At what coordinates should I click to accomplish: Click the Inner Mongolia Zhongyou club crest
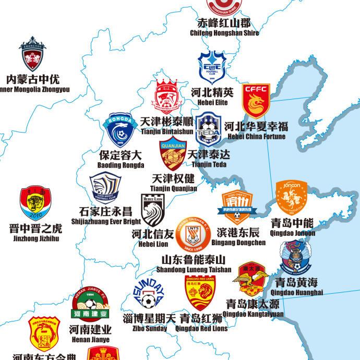tap(32, 57)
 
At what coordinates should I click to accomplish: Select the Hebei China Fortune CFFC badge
tap(256, 102)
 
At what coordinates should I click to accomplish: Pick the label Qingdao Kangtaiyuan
tap(253, 314)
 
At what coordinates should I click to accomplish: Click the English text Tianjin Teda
tap(209, 165)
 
